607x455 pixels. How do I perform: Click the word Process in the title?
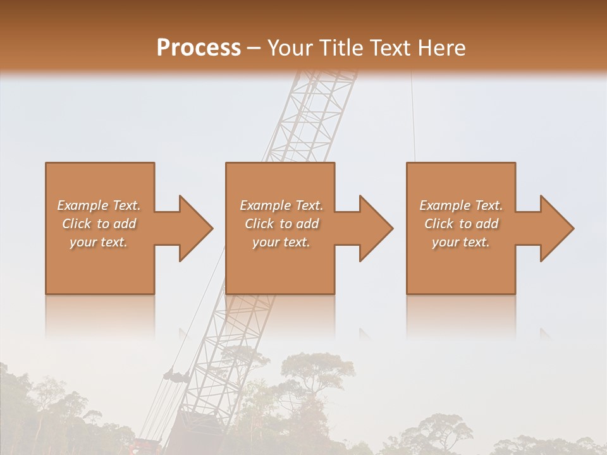click(199, 48)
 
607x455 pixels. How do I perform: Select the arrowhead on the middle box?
click(376, 228)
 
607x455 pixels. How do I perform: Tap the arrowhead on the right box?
click(556, 228)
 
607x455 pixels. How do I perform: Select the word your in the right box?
click(446, 242)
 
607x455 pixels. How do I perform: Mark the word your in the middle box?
click(266, 242)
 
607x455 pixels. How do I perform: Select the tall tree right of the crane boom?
click(316, 373)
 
